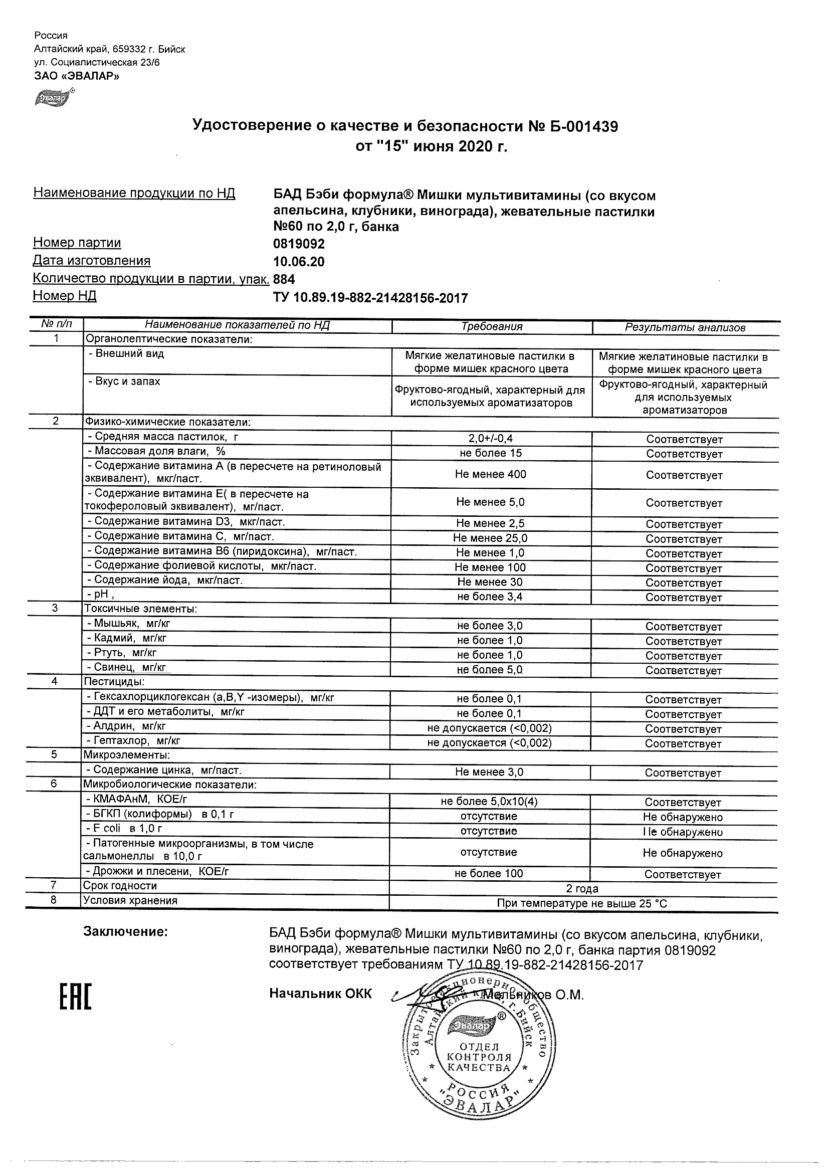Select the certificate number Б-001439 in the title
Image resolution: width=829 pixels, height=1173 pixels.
coord(574,126)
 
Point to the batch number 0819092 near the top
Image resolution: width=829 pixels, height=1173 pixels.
coord(299,244)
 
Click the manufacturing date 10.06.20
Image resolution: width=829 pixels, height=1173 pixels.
coord(299,262)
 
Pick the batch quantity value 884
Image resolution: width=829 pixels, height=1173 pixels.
coord(284,279)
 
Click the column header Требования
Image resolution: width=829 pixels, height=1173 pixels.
coord(491,327)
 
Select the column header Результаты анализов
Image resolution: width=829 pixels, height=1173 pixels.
coord(685,328)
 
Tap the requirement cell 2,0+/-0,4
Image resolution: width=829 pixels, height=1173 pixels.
coord(491,438)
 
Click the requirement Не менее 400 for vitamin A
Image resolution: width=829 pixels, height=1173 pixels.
coord(490,474)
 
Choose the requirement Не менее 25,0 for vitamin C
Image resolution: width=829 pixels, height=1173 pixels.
coord(490,538)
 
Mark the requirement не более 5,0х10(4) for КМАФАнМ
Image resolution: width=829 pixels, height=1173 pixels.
coord(489,802)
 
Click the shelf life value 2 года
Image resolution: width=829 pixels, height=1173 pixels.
coord(582,889)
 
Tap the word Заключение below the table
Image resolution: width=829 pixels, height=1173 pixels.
coord(125,931)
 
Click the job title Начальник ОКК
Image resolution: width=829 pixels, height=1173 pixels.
coord(320,994)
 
